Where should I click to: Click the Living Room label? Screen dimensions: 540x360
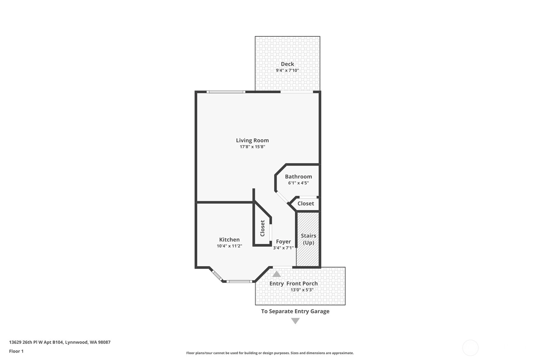(x=252, y=140)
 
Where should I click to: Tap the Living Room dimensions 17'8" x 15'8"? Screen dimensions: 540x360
(x=252, y=147)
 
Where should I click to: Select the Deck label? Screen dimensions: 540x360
(x=287, y=64)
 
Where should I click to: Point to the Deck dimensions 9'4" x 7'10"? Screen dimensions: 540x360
(x=287, y=70)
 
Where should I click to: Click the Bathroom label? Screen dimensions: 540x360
(x=298, y=177)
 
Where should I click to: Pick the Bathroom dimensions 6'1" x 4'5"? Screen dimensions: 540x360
(x=298, y=183)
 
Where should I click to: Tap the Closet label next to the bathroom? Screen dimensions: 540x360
(x=306, y=203)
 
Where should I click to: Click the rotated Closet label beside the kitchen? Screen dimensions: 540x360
(x=263, y=228)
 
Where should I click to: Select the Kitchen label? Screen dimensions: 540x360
(x=229, y=240)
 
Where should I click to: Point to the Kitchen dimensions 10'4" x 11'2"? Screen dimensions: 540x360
(x=229, y=246)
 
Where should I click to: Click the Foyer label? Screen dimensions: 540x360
(x=283, y=242)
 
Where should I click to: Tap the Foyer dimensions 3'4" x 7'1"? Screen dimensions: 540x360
(x=283, y=248)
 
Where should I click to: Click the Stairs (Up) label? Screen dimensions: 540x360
(x=308, y=239)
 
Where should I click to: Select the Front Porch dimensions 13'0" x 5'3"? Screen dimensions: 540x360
(x=302, y=290)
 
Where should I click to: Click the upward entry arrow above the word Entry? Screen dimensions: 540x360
(x=277, y=274)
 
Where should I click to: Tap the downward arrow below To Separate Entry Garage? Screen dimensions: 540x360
(x=295, y=321)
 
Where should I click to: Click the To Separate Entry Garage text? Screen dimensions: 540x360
(x=295, y=311)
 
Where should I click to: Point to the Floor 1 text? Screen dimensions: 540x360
(x=17, y=351)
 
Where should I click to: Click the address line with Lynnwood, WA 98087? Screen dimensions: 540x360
(x=60, y=342)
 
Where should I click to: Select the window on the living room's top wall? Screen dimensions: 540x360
(x=226, y=92)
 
